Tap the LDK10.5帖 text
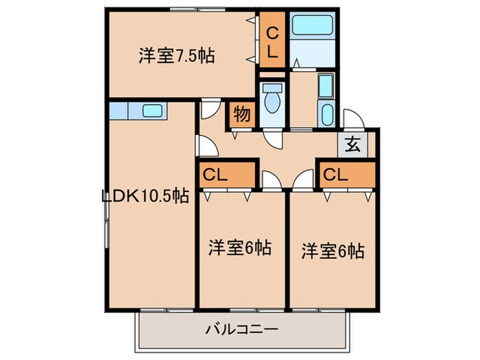point(145,196)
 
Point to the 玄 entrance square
point(352,145)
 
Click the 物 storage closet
point(241,115)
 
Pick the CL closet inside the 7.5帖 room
point(272,41)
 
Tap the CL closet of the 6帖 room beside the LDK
point(226,175)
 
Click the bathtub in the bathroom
point(312,27)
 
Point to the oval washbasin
point(326,114)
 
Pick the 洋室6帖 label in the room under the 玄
point(332,251)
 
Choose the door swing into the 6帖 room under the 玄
point(302,180)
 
